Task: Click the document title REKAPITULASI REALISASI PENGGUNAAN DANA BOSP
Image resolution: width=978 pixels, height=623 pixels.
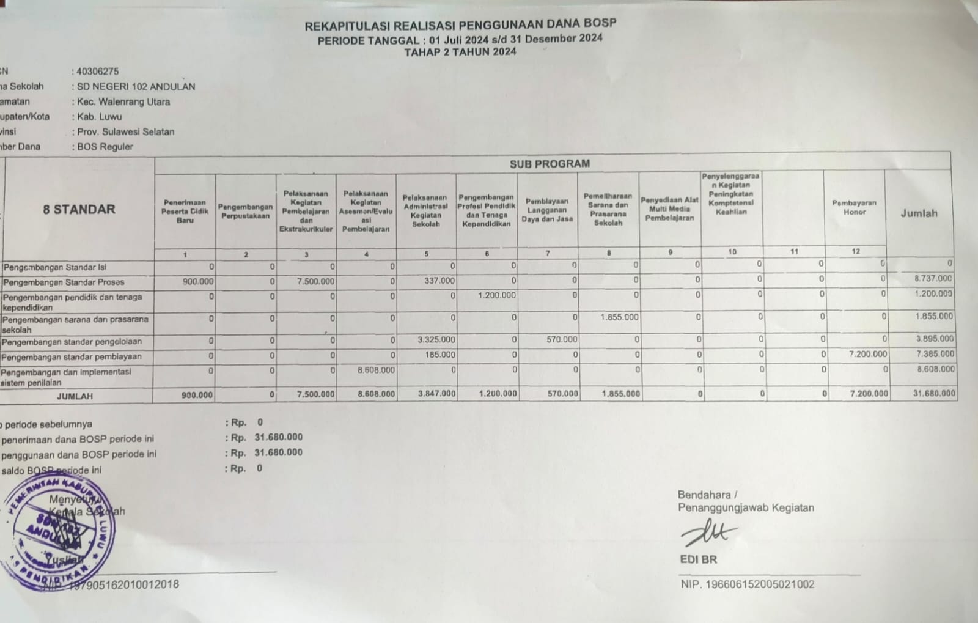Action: pos(460,25)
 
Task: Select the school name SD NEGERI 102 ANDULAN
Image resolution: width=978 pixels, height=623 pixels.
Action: pos(136,87)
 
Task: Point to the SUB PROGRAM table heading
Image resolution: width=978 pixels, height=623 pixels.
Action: pos(550,164)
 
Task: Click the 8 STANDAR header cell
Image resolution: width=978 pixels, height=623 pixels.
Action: pos(79,209)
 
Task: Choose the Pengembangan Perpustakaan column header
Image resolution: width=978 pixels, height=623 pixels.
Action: pos(245,212)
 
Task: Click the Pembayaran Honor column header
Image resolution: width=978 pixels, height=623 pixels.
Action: pos(854,208)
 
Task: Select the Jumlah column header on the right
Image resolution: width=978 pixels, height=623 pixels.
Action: pos(918,213)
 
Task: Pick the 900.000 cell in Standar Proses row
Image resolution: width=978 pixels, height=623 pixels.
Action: pos(198,282)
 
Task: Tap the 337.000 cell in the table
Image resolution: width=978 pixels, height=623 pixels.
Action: pos(439,281)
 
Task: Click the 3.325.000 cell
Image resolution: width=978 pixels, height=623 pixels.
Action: pos(436,340)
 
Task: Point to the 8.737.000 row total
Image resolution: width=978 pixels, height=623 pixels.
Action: pos(933,278)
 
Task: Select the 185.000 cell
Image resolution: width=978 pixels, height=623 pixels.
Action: pos(440,355)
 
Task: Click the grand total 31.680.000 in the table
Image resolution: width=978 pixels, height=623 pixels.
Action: pos(933,394)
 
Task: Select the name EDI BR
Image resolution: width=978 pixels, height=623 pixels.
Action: pos(698,559)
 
